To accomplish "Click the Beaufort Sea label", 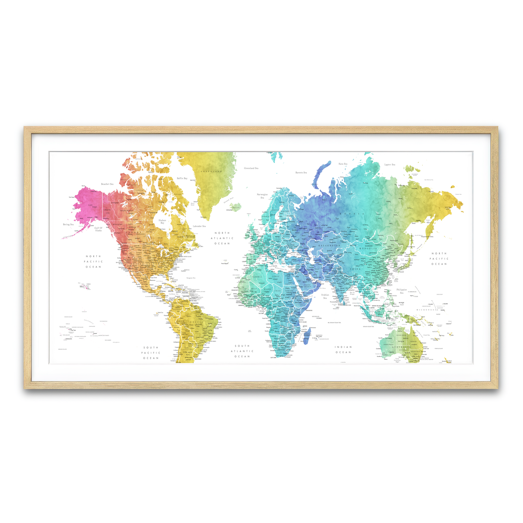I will point(107,184).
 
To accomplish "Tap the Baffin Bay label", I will point(182,178).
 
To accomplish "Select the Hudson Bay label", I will point(162,221).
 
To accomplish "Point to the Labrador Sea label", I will point(199,226).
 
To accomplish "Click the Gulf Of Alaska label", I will point(98,229).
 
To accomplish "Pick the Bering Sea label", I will point(68,224).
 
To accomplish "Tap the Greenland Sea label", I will point(251,168).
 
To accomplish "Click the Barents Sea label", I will point(301,173).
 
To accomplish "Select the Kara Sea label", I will point(343,164).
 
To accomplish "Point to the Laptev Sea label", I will point(390,165).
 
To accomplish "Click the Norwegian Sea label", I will point(262,196).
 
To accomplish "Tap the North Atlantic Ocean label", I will point(222,238).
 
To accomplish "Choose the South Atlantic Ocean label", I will point(242,351).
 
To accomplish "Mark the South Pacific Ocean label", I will point(151,353).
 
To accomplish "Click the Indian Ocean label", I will point(343,350).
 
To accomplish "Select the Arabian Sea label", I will point(325,296).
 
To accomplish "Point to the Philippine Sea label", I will point(401,291).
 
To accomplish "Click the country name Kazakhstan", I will point(329,246).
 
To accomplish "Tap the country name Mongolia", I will point(368,248).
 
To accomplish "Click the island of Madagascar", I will point(308,336).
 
